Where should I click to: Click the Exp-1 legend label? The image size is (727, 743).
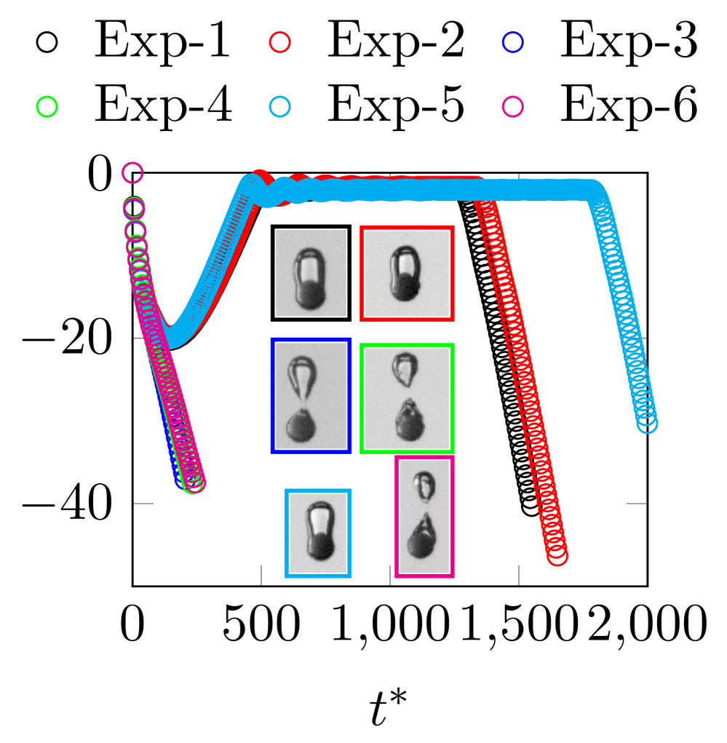point(162,42)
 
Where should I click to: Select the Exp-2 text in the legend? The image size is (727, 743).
point(395,42)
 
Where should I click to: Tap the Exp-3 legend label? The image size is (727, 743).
point(629,42)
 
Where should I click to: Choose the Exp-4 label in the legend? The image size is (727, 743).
point(162,106)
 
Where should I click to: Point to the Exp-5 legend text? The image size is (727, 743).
point(395,106)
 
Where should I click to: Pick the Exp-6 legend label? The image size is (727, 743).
point(629,106)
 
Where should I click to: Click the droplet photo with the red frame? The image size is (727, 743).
point(408,273)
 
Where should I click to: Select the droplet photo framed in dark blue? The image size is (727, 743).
point(311,395)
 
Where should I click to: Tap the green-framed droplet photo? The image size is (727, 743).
point(408,398)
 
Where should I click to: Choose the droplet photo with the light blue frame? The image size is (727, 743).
point(318,533)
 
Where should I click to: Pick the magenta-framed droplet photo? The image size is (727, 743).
point(425,517)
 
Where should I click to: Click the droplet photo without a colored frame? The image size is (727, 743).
point(311,273)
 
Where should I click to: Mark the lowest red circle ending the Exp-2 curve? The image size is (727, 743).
point(557,556)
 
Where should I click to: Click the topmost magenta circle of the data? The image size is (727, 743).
point(132,173)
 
